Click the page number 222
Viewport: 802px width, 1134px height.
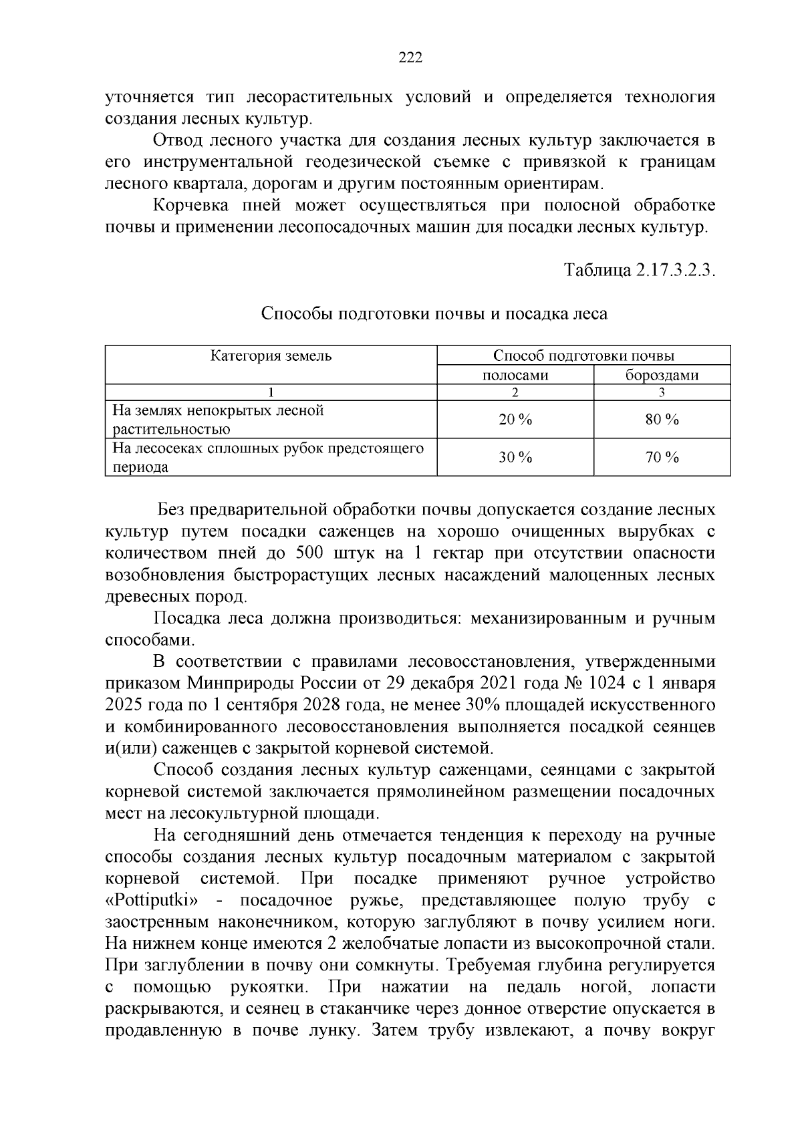pyautogui.click(x=410, y=58)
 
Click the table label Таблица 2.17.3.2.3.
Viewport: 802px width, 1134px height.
pyautogui.click(x=640, y=270)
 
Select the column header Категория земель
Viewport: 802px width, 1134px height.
pyautogui.click(x=271, y=356)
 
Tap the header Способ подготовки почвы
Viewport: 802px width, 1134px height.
pyautogui.click(x=583, y=356)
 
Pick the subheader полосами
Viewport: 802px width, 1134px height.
pyautogui.click(x=515, y=375)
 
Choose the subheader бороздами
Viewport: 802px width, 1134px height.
pyautogui.click(x=662, y=375)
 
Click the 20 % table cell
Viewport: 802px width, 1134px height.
pyautogui.click(x=515, y=420)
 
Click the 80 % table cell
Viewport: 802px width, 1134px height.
pyautogui.click(x=662, y=420)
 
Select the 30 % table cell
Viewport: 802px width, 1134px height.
pyautogui.click(x=515, y=458)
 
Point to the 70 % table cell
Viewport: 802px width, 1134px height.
pyautogui.click(x=662, y=458)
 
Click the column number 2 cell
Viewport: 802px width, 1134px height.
pyautogui.click(x=515, y=393)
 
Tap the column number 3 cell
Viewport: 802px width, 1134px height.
pyautogui.click(x=662, y=393)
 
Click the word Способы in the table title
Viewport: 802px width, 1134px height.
pyautogui.click(x=291, y=313)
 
